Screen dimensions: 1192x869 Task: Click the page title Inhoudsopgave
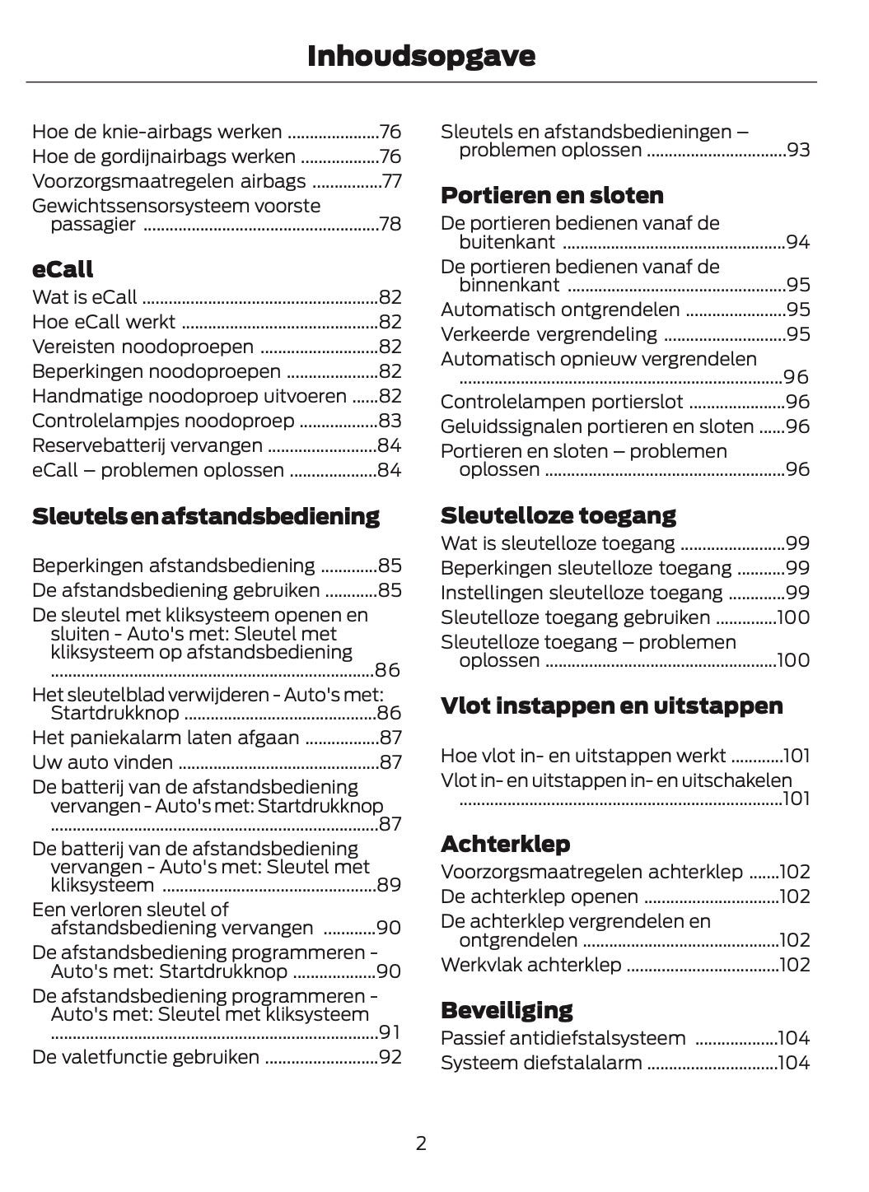click(421, 56)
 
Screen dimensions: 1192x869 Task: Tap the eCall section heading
click(63, 269)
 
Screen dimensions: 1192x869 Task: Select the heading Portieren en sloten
click(552, 195)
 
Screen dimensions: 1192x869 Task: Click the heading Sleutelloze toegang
click(558, 515)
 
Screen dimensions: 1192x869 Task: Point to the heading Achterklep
click(505, 844)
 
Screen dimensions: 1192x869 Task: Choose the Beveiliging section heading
click(507, 1010)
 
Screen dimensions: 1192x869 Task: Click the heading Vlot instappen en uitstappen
click(611, 705)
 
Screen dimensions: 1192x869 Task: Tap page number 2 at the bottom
click(421, 1143)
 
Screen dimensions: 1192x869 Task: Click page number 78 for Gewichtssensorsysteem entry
click(390, 224)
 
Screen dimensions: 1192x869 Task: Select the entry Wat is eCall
click(85, 297)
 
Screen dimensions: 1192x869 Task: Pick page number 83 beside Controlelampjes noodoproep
click(390, 421)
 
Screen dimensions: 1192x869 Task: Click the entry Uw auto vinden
click(102, 762)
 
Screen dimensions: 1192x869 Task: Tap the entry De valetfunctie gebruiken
click(146, 1057)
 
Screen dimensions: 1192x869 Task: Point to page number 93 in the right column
click(798, 150)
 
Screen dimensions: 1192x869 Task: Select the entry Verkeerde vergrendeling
click(549, 334)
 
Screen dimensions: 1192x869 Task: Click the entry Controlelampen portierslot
click(562, 402)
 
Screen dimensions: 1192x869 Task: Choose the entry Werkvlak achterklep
click(530, 965)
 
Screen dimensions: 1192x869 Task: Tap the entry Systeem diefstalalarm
click(541, 1063)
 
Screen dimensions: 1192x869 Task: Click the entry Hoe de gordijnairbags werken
click(164, 156)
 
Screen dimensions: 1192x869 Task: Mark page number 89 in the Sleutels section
click(389, 885)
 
